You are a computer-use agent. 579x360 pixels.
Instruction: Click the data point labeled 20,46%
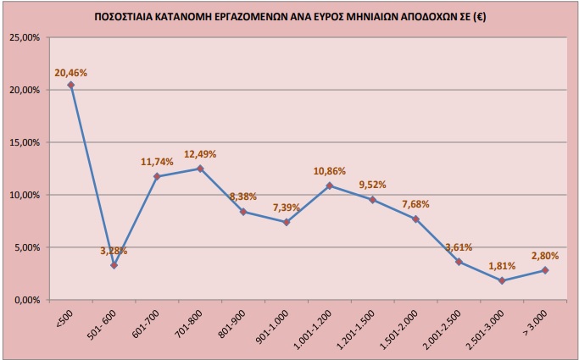click(x=71, y=85)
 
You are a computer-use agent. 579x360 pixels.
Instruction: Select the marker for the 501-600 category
click(x=114, y=265)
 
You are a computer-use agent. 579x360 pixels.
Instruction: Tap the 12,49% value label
click(x=200, y=154)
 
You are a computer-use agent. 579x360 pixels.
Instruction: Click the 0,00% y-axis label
click(x=26, y=300)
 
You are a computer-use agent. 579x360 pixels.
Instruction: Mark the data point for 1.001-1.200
click(x=330, y=186)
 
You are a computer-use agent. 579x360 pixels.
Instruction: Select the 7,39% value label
click(x=287, y=208)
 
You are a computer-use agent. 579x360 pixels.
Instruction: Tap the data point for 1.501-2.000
click(x=415, y=219)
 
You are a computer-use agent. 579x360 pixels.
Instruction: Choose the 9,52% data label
click(x=373, y=185)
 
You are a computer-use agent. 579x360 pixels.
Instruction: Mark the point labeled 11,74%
click(x=158, y=176)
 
